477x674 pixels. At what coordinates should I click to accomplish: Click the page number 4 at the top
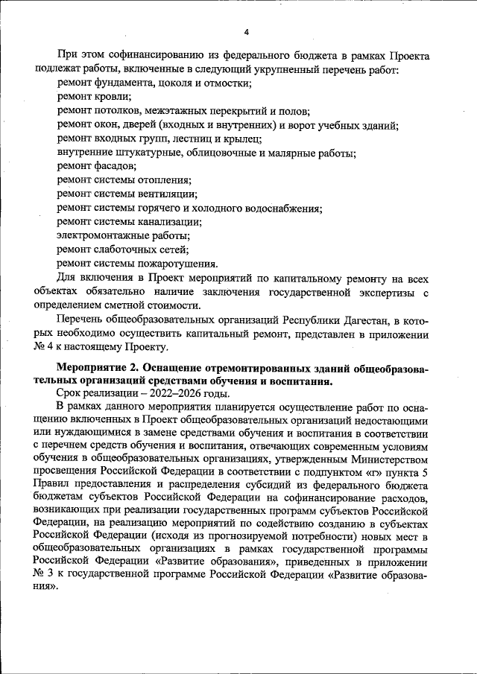coord(246,32)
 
